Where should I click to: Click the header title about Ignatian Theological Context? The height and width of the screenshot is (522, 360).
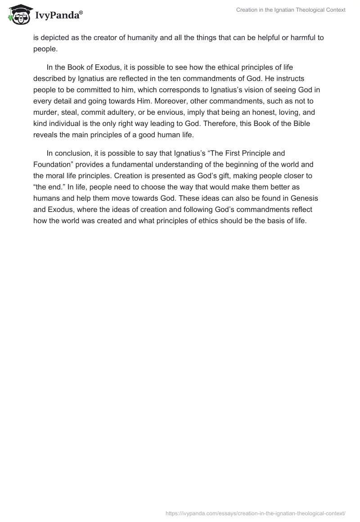click(291, 10)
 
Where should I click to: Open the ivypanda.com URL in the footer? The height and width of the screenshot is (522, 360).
click(256, 513)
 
